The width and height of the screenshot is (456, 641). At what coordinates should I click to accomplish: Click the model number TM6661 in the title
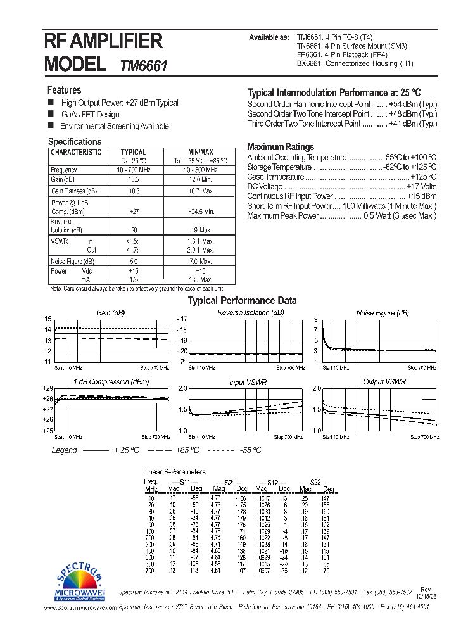[143, 65]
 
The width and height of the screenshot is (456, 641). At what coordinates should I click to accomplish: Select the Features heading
[65, 90]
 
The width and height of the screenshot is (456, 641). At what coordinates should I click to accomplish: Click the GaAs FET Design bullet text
[90, 115]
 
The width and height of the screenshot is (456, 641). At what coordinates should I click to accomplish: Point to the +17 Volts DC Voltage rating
[422, 187]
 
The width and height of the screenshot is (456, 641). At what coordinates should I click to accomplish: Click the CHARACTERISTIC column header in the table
[76, 153]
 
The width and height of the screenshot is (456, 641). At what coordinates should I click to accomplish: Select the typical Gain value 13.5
[133, 180]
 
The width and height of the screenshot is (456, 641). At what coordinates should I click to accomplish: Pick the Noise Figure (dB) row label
[73, 262]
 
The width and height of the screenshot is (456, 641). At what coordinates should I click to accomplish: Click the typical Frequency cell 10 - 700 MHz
[133, 170]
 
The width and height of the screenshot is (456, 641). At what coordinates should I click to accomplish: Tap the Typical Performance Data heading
[243, 301]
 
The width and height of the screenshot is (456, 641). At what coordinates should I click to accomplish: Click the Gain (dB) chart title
[111, 313]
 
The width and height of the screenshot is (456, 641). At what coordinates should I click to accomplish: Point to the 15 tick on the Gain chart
[47, 319]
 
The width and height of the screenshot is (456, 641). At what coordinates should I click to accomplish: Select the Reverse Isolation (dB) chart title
[251, 313]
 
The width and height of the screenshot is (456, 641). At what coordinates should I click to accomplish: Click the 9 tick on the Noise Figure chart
[315, 319]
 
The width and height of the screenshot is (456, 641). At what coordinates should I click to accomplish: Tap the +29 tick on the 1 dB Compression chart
[47, 388]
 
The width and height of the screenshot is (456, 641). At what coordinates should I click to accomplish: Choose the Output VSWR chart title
[384, 382]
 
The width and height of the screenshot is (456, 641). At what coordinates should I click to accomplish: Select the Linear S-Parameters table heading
[175, 472]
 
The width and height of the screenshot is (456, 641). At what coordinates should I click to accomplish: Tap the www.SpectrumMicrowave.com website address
[80, 607]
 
